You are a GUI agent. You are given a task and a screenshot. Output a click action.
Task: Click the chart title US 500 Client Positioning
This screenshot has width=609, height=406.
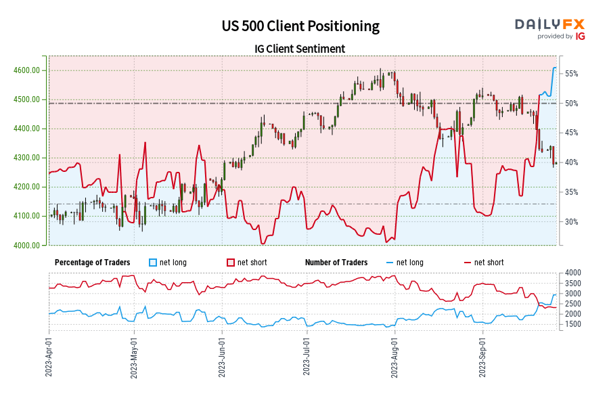click(300, 26)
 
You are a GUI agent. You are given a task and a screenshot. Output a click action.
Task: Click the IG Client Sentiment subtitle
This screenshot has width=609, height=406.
click(300, 49)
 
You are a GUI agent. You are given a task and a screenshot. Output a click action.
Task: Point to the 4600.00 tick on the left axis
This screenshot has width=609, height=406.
click(30, 70)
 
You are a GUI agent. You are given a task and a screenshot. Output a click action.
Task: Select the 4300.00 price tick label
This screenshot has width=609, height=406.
click(30, 158)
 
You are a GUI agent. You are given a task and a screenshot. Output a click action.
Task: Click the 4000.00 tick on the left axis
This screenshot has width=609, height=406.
click(30, 245)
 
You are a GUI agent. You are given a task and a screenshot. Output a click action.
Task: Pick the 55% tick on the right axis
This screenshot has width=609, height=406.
click(572, 73)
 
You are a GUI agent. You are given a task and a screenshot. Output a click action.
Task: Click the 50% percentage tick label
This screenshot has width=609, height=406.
click(572, 103)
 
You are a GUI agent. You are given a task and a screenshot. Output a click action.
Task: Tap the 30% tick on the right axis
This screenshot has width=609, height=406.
click(572, 222)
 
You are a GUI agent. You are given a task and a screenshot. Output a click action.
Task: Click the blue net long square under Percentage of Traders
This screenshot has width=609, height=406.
click(153, 263)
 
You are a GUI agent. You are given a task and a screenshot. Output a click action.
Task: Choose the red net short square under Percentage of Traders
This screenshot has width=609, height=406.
click(231, 263)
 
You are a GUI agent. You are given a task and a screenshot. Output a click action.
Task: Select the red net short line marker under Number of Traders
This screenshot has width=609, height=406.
click(466, 263)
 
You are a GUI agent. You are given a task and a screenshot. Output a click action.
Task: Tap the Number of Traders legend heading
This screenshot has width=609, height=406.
click(336, 263)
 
